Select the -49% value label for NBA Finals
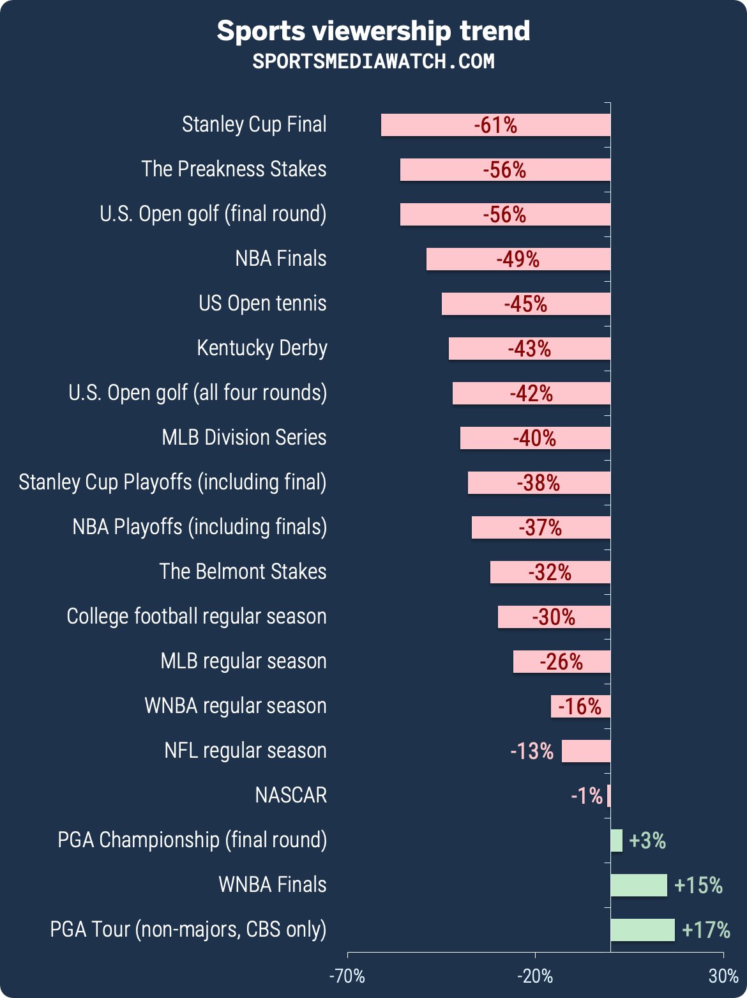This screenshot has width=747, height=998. tap(518, 259)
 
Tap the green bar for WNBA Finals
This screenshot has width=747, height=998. tap(638, 886)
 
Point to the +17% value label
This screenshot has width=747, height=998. tap(706, 930)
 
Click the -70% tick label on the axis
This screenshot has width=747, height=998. tap(347, 976)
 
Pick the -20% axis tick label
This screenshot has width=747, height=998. tap(535, 976)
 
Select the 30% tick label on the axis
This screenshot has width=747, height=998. tap(723, 976)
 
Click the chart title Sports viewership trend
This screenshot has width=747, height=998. tap(373, 31)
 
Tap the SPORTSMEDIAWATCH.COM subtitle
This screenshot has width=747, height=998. tap(373, 61)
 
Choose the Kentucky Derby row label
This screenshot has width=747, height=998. tap(262, 348)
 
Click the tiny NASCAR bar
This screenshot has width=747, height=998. tap(608, 796)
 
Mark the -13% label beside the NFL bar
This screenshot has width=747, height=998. tap(532, 751)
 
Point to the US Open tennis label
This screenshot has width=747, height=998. tap(262, 303)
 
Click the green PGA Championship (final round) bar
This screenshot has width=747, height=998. tap(616, 841)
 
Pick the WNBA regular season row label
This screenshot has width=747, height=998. tap(236, 706)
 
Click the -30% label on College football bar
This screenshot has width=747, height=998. tap(554, 617)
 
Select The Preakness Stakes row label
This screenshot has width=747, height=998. tap(234, 169)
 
